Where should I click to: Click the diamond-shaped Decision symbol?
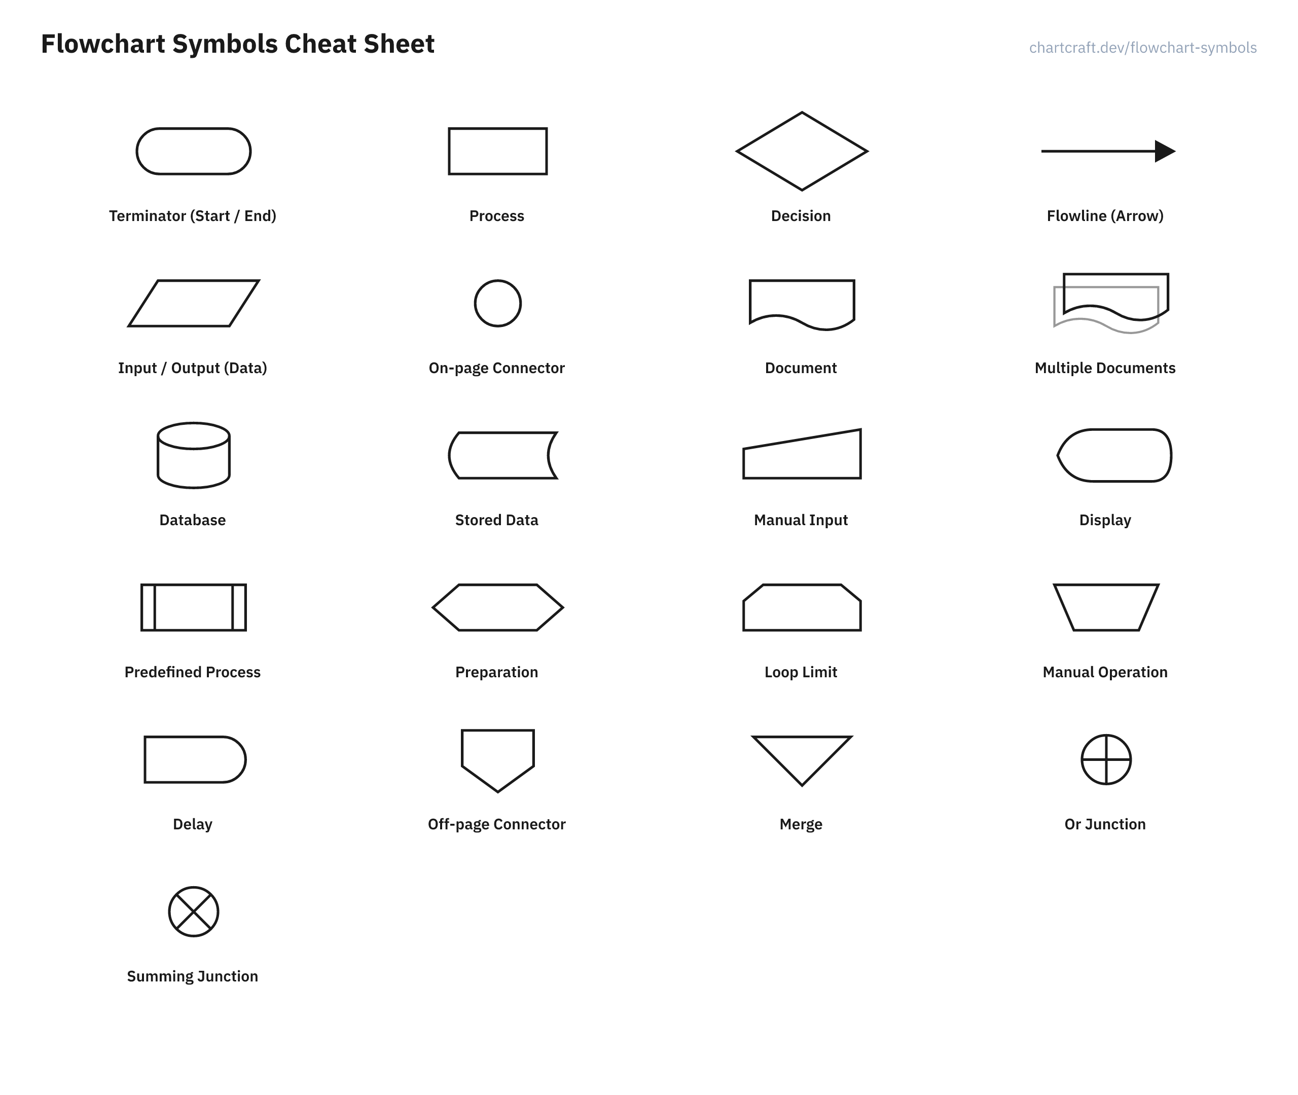(x=802, y=113)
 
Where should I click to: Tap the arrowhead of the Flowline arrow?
(x=1165, y=151)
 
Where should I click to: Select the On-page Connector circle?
(x=498, y=280)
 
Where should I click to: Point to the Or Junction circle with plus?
(x=1106, y=760)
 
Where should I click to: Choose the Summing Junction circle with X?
(x=194, y=912)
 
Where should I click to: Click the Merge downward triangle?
(x=802, y=737)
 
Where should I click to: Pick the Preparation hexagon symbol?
(x=498, y=585)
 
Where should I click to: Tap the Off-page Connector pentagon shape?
(x=498, y=730)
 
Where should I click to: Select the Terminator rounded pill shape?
(x=194, y=128)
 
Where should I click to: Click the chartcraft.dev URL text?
(x=1143, y=48)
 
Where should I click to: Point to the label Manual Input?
(x=801, y=520)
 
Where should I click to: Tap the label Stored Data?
(x=496, y=520)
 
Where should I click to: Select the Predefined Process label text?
(x=193, y=672)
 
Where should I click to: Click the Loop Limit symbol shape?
(x=802, y=585)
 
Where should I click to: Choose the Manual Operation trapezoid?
(x=1106, y=585)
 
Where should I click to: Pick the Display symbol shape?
(x=1114, y=429)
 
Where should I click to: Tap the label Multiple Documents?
(x=1105, y=368)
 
